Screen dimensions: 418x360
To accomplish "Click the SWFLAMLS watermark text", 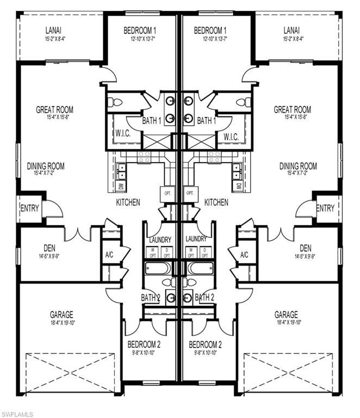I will tap(17, 414).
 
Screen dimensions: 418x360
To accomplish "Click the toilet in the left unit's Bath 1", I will tap(117, 102).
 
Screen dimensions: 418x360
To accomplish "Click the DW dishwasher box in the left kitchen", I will tap(121, 186).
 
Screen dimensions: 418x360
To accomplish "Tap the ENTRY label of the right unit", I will tap(325, 208).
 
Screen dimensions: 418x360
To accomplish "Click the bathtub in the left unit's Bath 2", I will tap(158, 268).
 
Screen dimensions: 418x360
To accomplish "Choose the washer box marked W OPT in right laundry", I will tap(190, 252).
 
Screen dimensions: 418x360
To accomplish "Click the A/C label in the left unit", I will tap(109, 255).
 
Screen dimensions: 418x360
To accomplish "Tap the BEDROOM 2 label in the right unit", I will tap(205, 344).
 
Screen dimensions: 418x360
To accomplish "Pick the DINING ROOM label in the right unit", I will tap(298, 166).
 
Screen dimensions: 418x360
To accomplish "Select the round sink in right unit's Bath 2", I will tap(188, 298).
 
